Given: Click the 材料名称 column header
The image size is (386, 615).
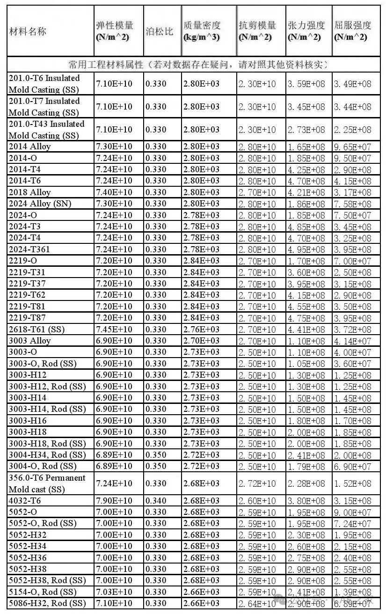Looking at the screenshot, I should (x=28, y=32).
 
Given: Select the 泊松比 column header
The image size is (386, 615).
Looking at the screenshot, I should (x=160, y=32).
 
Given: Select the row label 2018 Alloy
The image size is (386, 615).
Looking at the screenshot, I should (x=29, y=192).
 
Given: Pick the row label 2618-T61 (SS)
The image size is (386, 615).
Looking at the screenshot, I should (x=36, y=329).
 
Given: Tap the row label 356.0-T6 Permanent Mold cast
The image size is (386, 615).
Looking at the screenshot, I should (x=47, y=483).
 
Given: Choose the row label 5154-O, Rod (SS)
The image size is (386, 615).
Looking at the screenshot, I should (x=43, y=592).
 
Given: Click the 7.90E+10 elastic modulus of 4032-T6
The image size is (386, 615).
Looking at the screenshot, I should (x=114, y=501).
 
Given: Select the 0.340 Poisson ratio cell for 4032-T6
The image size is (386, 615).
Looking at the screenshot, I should (x=156, y=501).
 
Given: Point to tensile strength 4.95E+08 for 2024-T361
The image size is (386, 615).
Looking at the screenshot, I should (x=306, y=249).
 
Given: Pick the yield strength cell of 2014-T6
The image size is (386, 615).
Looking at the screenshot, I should (x=352, y=181).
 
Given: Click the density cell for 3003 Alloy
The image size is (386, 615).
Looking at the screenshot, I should (x=201, y=341).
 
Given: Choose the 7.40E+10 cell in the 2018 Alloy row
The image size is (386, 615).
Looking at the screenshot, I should (x=114, y=192).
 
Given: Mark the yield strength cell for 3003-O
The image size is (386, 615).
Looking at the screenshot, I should (x=352, y=352).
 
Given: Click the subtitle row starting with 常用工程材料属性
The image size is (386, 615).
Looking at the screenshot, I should (x=197, y=64).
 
